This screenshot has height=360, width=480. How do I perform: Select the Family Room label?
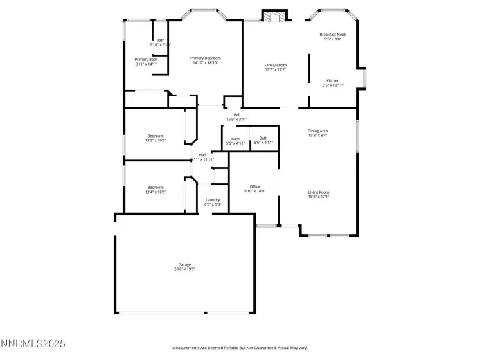coord(276,65)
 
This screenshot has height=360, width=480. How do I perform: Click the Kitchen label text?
coord(333,80)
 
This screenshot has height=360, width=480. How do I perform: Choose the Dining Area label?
coord(317,130)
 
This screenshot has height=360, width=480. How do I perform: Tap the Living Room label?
coord(319,192)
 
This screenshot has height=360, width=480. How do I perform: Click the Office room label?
coord(255,186)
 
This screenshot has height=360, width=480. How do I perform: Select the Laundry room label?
coord(213,200)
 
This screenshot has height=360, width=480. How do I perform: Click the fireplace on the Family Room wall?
coord(274,17)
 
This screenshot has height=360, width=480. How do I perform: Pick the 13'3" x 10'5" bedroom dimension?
coord(156,140)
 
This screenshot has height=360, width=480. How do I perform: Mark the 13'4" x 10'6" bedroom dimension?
coord(156,192)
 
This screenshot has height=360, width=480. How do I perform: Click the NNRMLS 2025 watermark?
coord(33,345)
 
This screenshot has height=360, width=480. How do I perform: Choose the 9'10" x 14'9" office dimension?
coord(255,191)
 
